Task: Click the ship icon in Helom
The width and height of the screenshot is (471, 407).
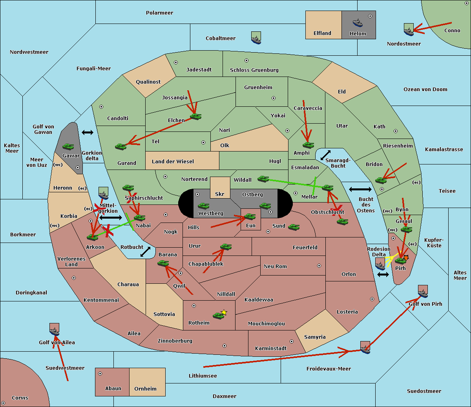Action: pos(358,23)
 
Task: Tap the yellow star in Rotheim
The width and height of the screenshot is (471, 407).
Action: pos(224,312)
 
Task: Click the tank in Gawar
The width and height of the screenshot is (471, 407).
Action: pos(68,146)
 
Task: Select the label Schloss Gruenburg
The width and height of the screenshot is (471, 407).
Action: pos(254,70)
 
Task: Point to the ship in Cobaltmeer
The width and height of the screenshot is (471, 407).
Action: pos(256,38)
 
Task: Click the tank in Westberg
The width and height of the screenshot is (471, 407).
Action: pos(203,206)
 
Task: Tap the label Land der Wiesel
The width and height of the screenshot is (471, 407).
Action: pos(173,162)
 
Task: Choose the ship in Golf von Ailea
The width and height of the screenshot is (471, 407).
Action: pos(55,329)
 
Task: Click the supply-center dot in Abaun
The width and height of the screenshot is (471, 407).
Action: pos(100,374)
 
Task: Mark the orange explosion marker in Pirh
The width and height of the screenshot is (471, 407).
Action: pos(406,258)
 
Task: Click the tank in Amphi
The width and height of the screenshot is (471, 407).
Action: pos(308,145)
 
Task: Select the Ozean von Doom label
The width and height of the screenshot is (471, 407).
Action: pos(425,89)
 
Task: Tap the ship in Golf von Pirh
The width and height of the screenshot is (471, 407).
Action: pos(423,291)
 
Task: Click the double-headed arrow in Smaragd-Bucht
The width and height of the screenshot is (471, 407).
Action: pos(325,155)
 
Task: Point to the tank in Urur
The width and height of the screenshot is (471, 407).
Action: pos(226,247)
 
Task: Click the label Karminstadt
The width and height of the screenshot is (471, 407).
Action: pos(271,348)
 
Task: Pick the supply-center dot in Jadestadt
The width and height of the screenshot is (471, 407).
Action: pos(176,62)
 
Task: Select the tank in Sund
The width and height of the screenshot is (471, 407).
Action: pos(294,227)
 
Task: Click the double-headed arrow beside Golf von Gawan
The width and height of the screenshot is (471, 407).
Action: pos(88,132)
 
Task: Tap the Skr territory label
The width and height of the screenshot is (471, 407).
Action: pos(219,194)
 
